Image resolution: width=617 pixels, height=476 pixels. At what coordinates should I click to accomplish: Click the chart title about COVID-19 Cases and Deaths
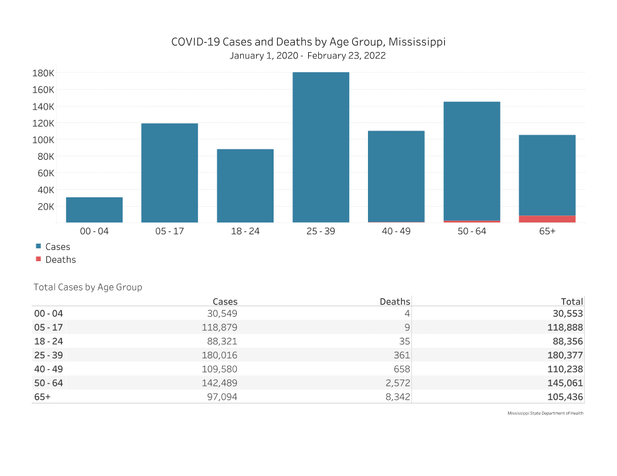[x=308, y=42]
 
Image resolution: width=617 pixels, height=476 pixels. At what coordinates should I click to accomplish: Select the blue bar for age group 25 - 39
[x=321, y=147]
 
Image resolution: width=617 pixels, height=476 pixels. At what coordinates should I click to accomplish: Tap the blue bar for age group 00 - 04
[x=94, y=210]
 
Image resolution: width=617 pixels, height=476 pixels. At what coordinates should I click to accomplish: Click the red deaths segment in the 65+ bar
[x=547, y=219]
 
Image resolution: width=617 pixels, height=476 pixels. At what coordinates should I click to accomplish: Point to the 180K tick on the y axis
[x=43, y=73]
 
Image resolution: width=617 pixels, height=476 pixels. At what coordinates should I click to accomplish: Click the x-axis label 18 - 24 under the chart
[x=245, y=231]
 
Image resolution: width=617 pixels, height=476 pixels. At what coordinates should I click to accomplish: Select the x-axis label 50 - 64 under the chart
[x=472, y=231]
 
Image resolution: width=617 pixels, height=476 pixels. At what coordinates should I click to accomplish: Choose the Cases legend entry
[x=57, y=247]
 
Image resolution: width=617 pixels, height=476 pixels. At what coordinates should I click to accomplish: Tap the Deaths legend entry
[x=60, y=259]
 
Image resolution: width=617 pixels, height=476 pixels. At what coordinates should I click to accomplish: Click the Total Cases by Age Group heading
[x=88, y=287]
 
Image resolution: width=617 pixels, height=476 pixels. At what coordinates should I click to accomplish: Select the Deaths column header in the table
[x=394, y=302]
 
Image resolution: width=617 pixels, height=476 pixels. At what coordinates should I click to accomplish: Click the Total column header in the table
[x=571, y=302]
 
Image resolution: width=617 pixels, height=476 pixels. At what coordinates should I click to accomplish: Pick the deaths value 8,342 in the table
[x=395, y=396]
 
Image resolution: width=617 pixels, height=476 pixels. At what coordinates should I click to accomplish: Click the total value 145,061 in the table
[x=565, y=383]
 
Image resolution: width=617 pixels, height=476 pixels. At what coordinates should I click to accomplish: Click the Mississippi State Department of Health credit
[x=545, y=413]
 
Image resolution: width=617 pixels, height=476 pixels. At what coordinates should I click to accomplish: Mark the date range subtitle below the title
[x=308, y=56]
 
